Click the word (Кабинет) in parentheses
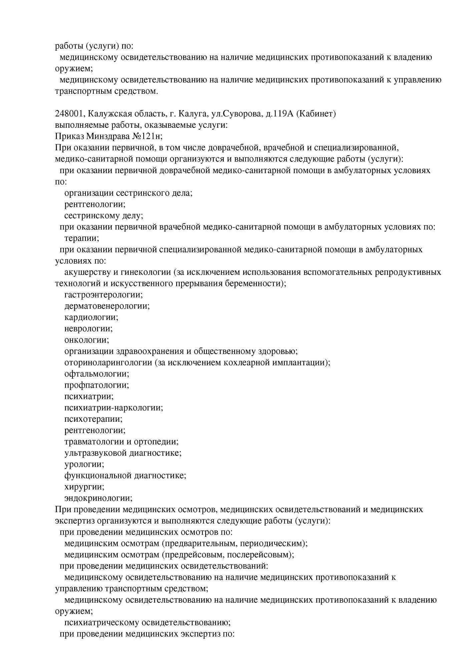[x=316, y=114]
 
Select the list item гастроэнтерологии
[x=103, y=295]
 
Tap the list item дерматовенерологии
[x=107, y=306]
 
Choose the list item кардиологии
[x=91, y=317]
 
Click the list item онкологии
[x=87, y=340]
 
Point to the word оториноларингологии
[x=108, y=363]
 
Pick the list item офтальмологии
[x=97, y=374]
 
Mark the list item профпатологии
[x=96, y=385]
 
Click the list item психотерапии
[x=93, y=419]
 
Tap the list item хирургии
[x=84, y=487]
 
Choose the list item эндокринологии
[x=98, y=498]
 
